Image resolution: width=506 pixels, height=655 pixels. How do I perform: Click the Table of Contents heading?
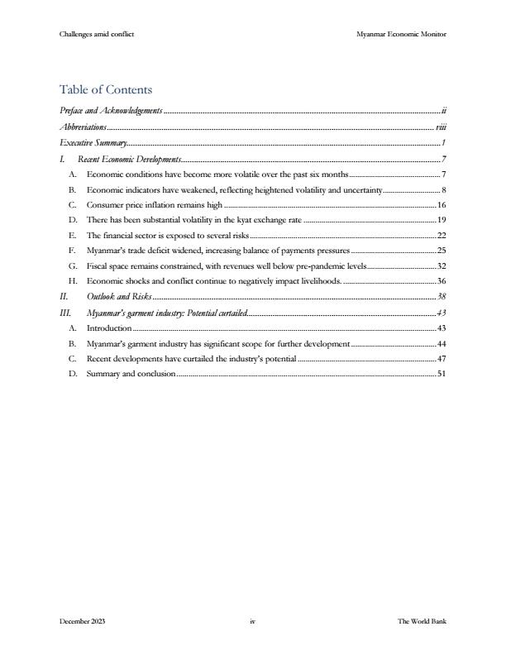point(106,89)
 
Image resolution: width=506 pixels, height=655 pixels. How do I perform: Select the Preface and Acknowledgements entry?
point(112,110)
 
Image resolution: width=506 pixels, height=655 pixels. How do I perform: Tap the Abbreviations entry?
point(84,127)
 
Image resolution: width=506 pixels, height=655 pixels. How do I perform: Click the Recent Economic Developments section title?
point(129,160)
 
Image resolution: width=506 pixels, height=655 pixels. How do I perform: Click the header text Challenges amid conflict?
point(97,34)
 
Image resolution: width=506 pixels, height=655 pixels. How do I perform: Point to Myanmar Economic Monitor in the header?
point(401,34)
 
